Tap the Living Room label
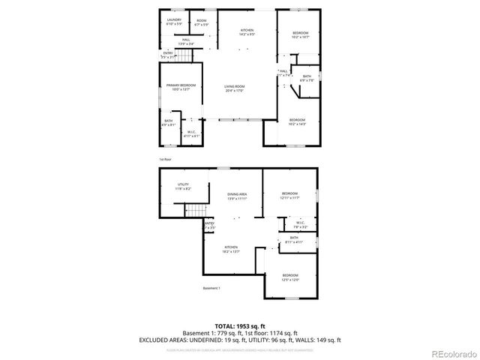pyautogui.click(x=235, y=88)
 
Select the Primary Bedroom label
pyautogui.click(x=181, y=88)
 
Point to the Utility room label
pyautogui.click(x=183, y=186)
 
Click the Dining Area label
pyautogui.click(x=237, y=196)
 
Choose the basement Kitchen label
pyautogui.click(x=230, y=250)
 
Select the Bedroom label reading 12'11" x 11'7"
pyautogui.click(x=289, y=195)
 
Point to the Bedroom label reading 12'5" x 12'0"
pyautogui.click(x=290, y=277)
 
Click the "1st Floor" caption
pyautogui.click(x=165, y=160)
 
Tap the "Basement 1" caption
pyautogui.click(x=212, y=288)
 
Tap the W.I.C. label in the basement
pyautogui.click(x=300, y=224)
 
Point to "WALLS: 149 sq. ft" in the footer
pyautogui.click(x=319, y=339)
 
